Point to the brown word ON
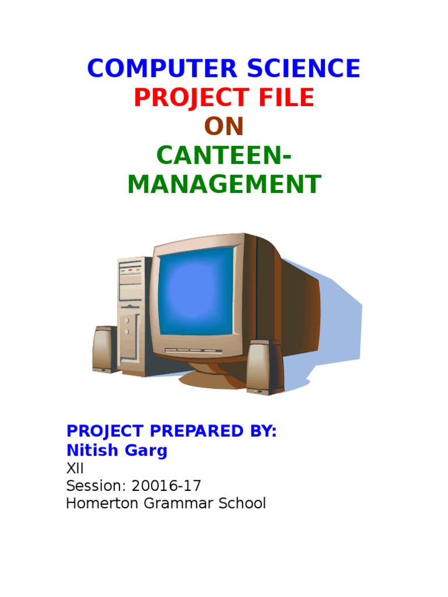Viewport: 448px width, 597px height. point(223,127)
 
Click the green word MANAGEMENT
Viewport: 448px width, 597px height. point(223,184)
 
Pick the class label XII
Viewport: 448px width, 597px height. point(75,468)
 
